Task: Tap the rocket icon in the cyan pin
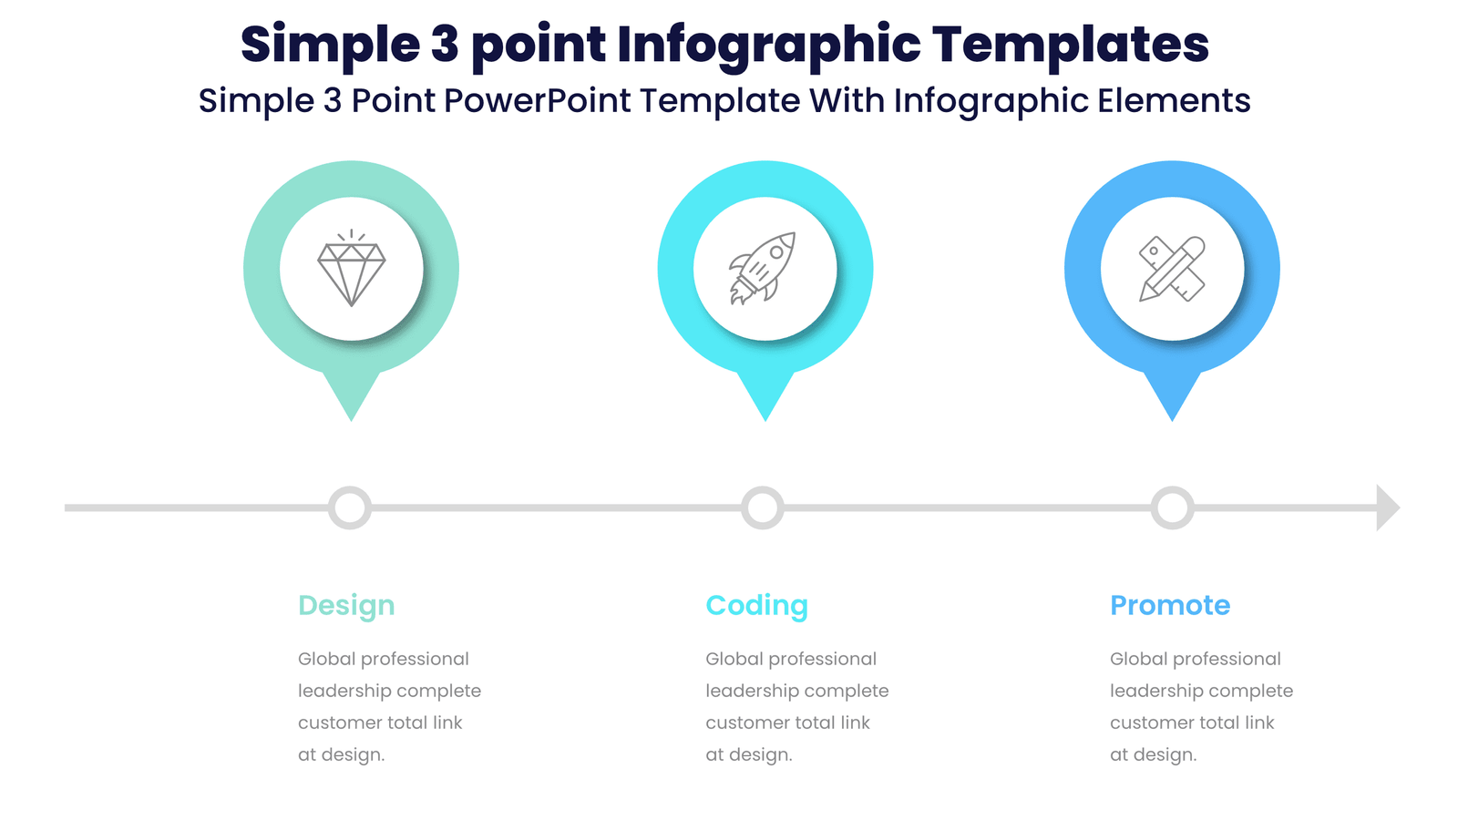(764, 268)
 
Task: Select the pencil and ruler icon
(1172, 269)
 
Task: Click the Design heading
(346, 606)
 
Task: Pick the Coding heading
(756, 606)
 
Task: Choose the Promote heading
(1170, 605)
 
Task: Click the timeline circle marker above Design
(350, 507)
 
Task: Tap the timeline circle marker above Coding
(763, 507)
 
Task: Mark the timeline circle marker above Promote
(1172, 507)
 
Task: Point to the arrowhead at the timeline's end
(1386, 507)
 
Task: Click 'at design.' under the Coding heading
(749, 755)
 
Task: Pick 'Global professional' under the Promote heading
(1195, 659)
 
